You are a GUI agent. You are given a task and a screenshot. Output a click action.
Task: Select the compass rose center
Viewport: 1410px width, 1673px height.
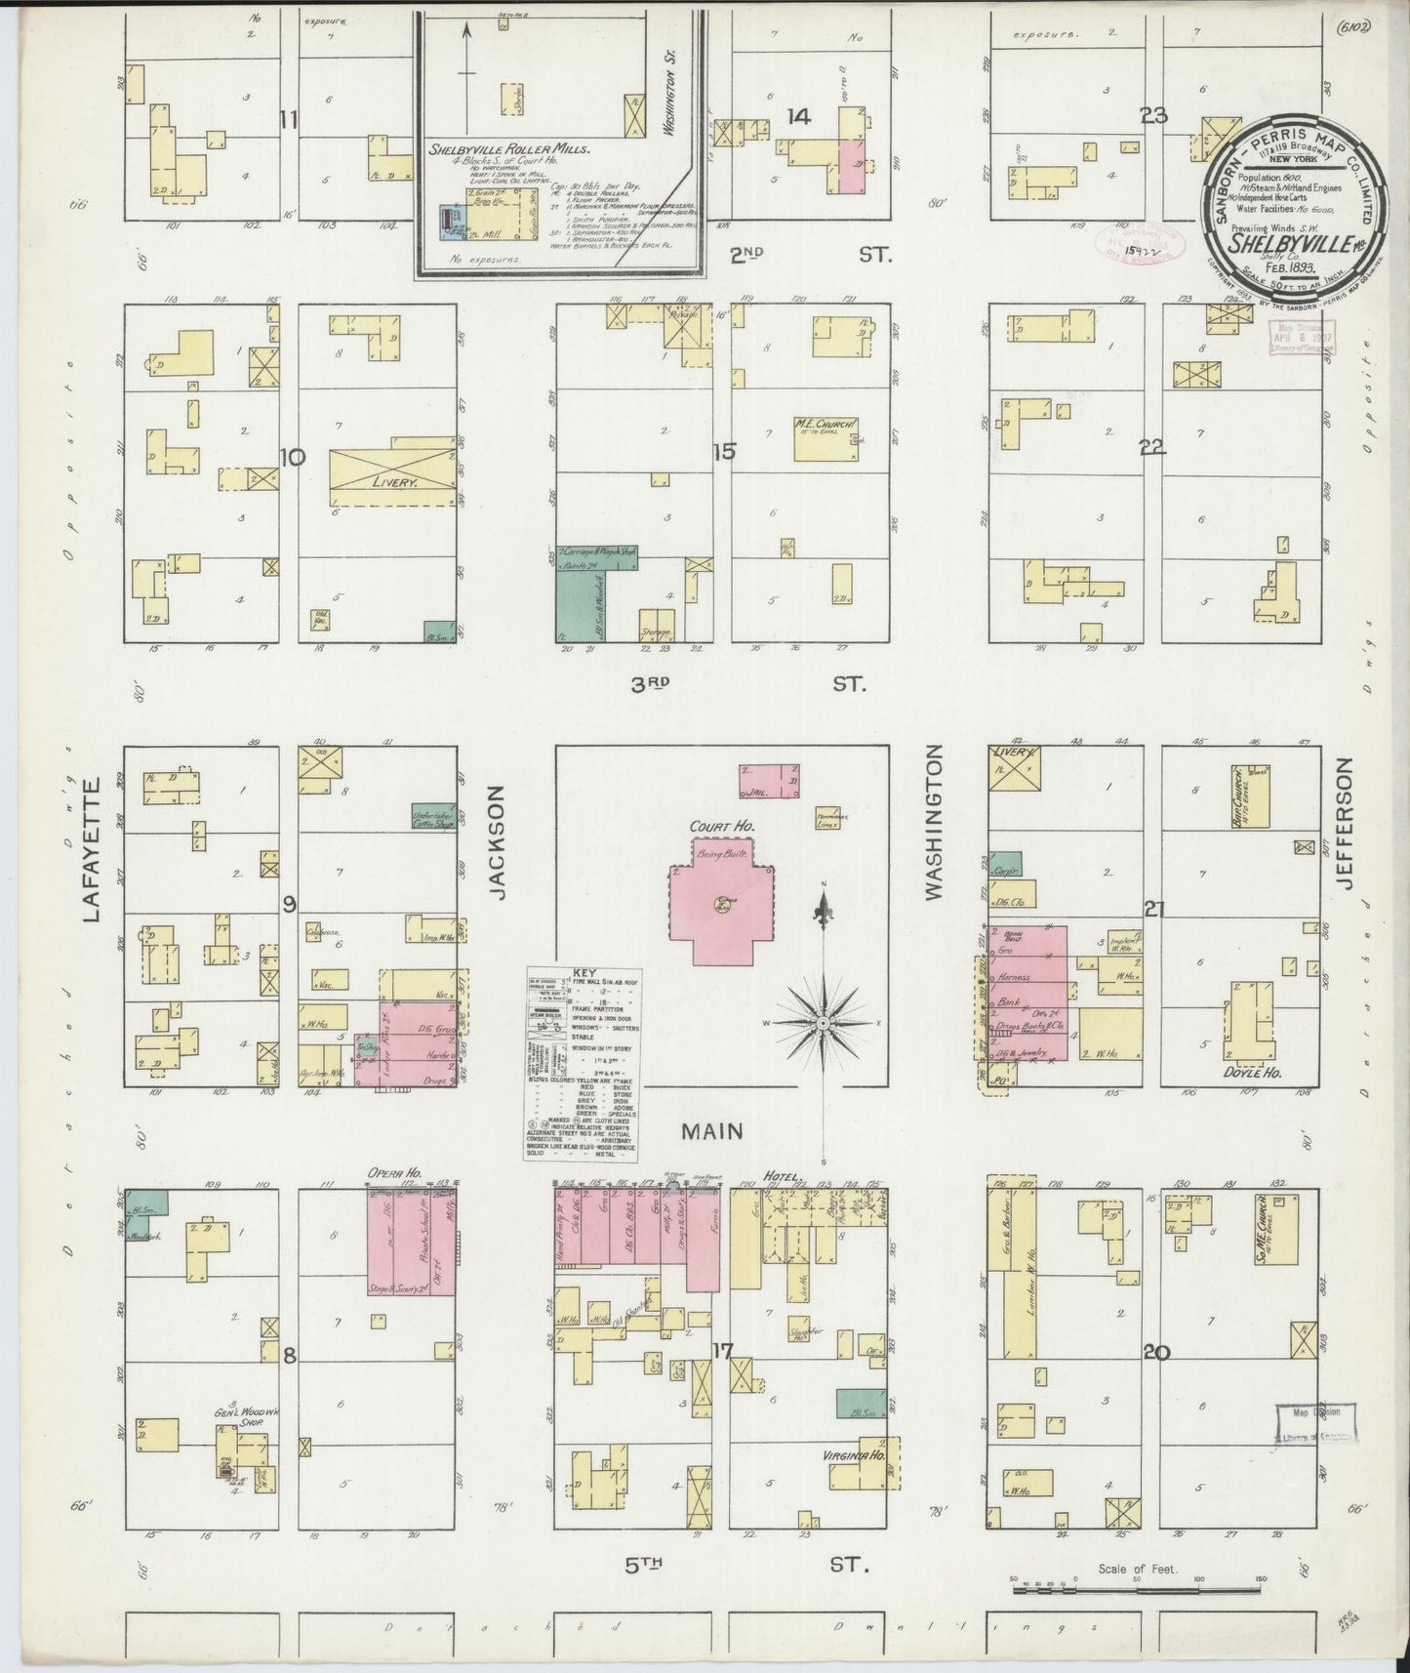824,1022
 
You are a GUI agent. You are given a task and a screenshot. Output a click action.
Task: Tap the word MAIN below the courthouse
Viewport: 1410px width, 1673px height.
711,1131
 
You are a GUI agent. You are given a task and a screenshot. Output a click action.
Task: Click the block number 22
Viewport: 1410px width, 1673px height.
1153,447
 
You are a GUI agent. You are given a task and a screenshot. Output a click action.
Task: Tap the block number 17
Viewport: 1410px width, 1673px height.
722,1353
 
